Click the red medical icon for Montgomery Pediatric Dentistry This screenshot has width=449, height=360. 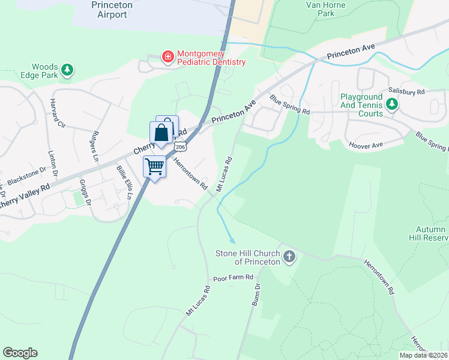168,57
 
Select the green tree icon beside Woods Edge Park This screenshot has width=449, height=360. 68,70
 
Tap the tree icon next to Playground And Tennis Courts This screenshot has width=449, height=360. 392,105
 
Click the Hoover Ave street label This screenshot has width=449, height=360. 365,145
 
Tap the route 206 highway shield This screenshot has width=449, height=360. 180,146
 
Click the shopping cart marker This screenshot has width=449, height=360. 155,166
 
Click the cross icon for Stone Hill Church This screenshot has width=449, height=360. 289,257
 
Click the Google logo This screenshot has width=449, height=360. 20,353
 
